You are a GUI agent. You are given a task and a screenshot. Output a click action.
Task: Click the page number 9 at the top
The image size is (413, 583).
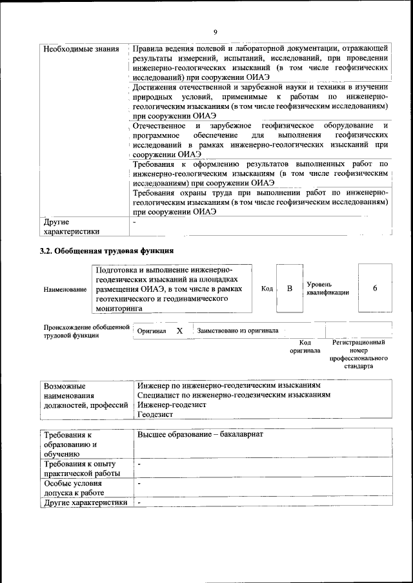click(216, 32)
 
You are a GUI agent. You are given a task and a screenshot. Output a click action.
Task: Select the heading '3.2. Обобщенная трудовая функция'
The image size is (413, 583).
click(107, 251)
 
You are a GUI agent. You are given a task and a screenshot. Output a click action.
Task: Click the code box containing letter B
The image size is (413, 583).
click(290, 289)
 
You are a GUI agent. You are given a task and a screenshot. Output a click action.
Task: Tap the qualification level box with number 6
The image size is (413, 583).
click(375, 289)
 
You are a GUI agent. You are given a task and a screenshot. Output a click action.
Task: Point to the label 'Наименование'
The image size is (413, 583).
click(65, 290)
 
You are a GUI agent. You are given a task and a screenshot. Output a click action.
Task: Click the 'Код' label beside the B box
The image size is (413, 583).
click(267, 289)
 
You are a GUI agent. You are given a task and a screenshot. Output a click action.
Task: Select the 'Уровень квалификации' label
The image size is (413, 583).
click(328, 289)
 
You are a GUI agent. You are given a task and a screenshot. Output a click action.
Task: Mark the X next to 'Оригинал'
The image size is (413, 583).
click(180, 330)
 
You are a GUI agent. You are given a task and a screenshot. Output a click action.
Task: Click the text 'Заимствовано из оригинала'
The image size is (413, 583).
click(237, 330)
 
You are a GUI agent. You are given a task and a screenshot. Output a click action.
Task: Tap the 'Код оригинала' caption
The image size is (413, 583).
click(305, 347)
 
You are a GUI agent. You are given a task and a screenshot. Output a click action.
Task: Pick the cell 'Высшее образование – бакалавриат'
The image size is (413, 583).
click(201, 435)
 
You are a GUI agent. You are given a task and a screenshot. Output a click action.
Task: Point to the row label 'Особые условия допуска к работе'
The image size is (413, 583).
click(75, 488)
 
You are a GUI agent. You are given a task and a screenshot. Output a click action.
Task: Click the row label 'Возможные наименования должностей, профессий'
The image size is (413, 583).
click(85, 395)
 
